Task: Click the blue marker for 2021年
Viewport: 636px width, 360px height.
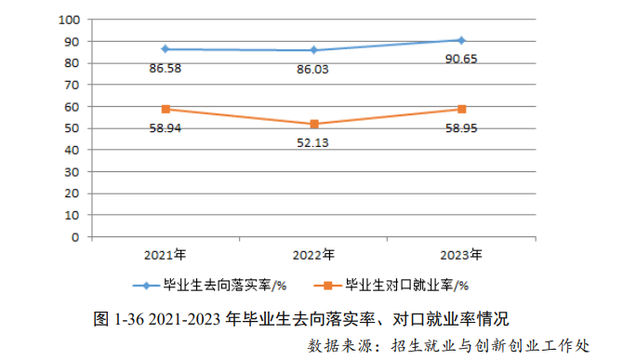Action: (x=165, y=48)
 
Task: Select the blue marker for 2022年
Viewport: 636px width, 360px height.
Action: (x=314, y=50)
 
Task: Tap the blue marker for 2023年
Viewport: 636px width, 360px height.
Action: (x=461, y=40)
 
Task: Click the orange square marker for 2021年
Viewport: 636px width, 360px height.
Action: (x=165, y=109)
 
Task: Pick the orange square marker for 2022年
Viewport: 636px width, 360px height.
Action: (x=314, y=124)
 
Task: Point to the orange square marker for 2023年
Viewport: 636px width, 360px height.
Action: (x=461, y=109)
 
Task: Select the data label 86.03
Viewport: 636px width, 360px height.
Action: (x=313, y=68)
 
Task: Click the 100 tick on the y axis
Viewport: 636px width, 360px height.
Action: (x=68, y=20)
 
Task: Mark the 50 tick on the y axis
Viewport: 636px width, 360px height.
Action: (x=72, y=128)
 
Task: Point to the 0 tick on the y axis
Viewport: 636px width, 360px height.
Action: (x=75, y=236)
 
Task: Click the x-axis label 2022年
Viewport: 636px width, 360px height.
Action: (x=313, y=253)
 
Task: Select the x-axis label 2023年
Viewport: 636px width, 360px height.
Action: (x=461, y=253)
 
